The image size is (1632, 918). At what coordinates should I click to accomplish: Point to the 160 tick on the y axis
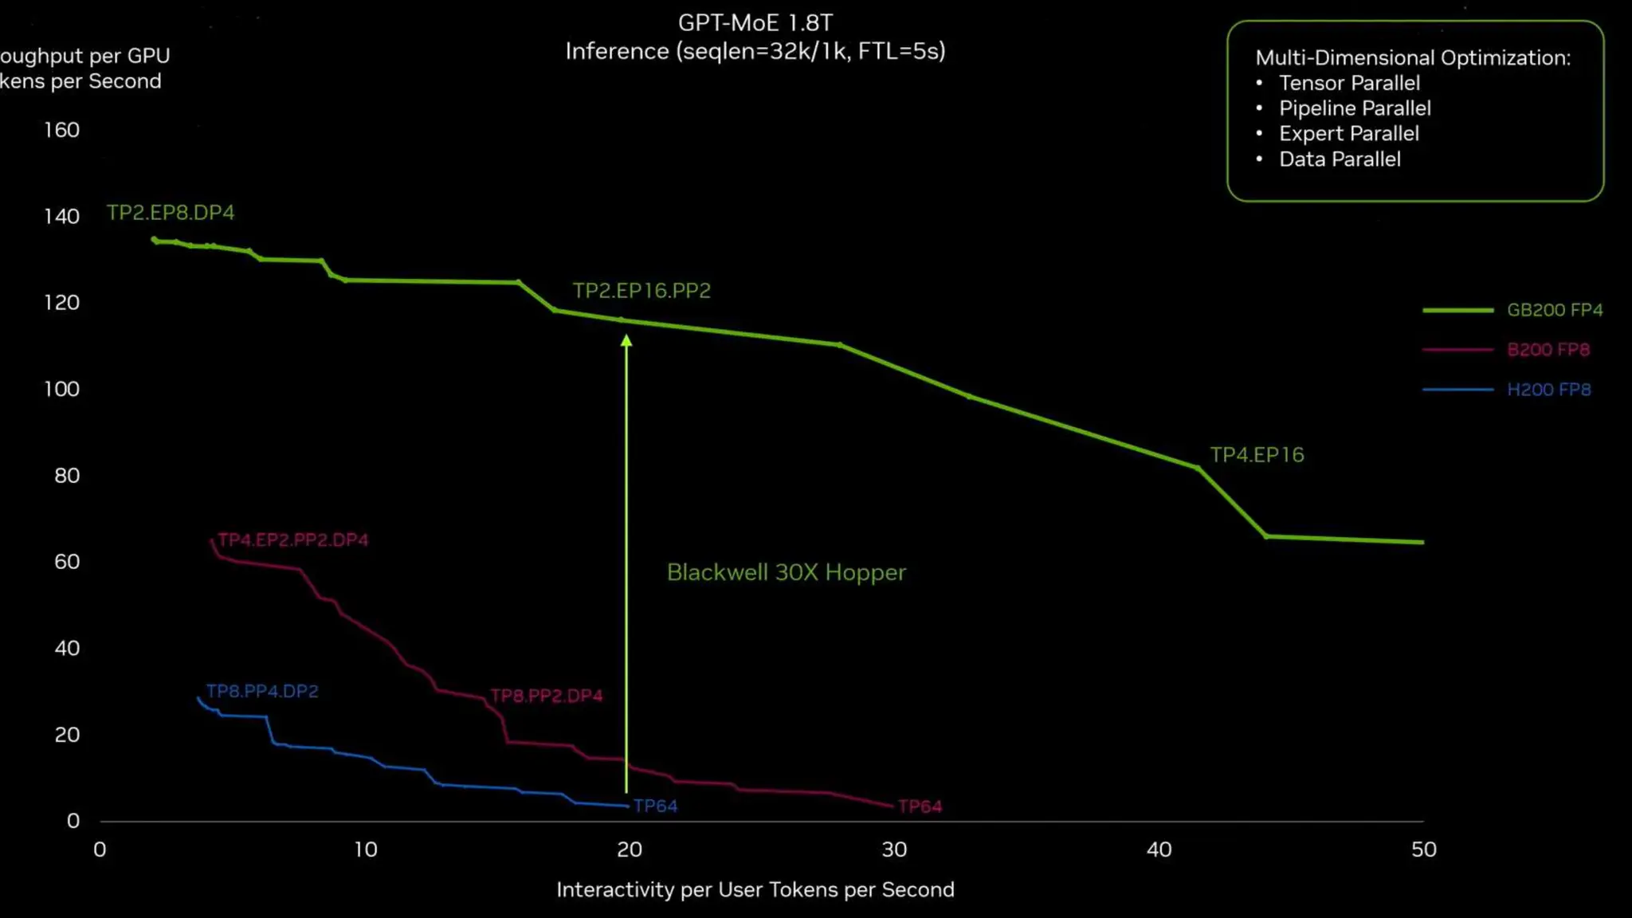pos(62,130)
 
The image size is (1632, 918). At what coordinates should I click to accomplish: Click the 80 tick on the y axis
pos(67,476)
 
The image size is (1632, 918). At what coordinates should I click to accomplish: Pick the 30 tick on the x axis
pos(894,849)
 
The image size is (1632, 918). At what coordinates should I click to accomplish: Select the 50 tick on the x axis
pos(1423,849)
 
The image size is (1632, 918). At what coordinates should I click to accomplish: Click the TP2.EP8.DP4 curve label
pos(171,213)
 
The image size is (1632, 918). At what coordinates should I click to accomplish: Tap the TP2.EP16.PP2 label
pos(641,291)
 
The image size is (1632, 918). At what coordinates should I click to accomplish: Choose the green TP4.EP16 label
pos(1257,455)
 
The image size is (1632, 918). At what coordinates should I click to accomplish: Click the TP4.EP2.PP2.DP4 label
pos(293,540)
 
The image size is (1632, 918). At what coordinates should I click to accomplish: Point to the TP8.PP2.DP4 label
pos(547,696)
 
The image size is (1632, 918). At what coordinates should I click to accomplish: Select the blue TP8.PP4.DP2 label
pos(262,692)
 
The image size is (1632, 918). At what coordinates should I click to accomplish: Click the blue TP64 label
pos(655,806)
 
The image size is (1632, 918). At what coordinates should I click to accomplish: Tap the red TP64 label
pos(920,807)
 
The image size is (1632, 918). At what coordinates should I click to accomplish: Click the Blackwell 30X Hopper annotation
pos(786,573)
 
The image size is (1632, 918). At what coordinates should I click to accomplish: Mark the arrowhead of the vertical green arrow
pos(626,341)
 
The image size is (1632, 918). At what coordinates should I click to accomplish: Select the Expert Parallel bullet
pos(1348,134)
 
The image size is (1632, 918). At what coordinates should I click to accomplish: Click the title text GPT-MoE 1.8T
pos(755,23)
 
